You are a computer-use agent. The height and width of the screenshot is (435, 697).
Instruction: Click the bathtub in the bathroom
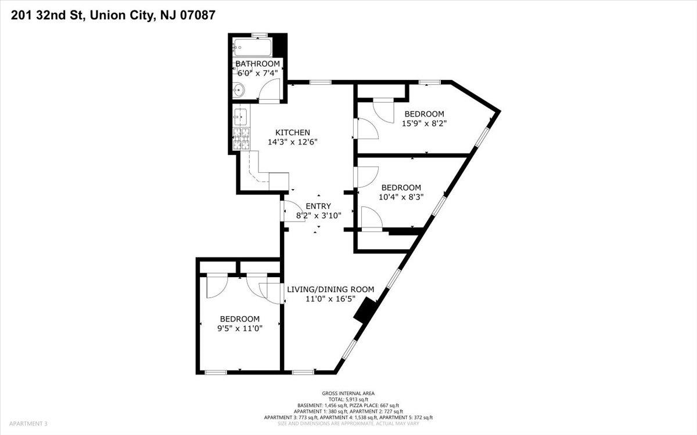[x=252, y=47]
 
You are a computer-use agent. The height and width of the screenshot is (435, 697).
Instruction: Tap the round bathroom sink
[x=239, y=90]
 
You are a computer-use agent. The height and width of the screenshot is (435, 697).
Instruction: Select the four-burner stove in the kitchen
[x=241, y=139]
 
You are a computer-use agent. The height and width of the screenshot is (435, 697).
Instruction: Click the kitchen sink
[x=240, y=116]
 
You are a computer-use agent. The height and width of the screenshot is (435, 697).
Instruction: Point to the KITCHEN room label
[x=293, y=132]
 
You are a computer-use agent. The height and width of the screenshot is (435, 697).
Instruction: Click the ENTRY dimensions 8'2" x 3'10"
[x=318, y=215]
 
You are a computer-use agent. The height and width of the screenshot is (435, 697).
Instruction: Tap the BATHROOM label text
[x=258, y=64]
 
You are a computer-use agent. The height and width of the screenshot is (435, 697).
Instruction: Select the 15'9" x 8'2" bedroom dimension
[x=424, y=124]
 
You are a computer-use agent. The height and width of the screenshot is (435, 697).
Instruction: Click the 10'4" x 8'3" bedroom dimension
[x=401, y=197]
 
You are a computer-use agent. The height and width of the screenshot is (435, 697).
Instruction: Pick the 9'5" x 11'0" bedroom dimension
[x=239, y=328]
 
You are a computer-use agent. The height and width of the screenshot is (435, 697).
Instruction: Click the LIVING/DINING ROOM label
[x=330, y=289]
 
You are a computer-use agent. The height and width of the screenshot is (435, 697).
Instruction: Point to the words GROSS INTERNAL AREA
[x=348, y=393]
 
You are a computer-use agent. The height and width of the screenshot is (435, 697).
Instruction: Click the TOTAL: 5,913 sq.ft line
[x=348, y=399]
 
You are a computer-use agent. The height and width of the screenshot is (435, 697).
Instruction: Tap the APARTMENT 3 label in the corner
[x=28, y=423]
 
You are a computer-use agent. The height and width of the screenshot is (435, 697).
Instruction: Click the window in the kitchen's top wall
[x=321, y=82]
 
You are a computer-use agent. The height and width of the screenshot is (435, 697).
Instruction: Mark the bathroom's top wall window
[x=260, y=35]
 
